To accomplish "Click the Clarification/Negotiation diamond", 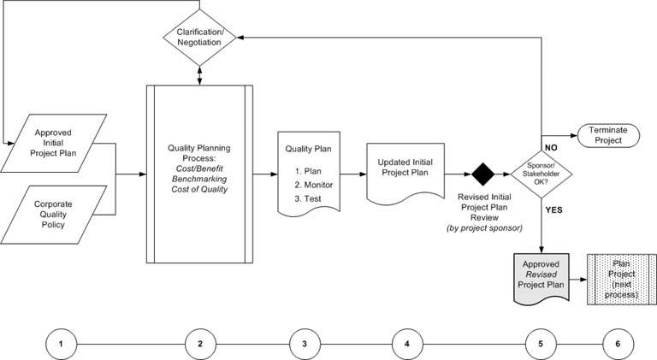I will (199, 37).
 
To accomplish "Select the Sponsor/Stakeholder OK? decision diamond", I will (541, 174).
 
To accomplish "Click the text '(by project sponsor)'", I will (483, 229).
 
